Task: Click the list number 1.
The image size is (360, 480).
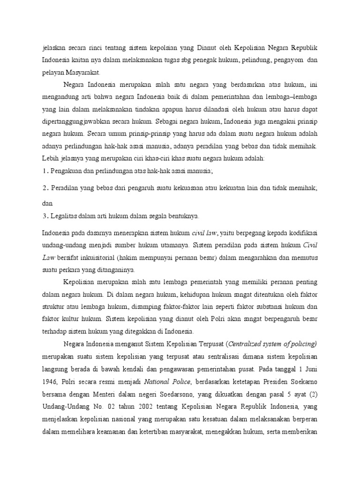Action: (x=44, y=172)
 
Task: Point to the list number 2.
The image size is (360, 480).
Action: (x=44, y=188)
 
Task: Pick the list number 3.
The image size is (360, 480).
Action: (x=44, y=216)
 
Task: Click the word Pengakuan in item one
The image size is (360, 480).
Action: (x=65, y=172)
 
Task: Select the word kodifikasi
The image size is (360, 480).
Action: (x=300, y=232)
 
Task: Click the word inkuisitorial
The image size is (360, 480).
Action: (x=100, y=257)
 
